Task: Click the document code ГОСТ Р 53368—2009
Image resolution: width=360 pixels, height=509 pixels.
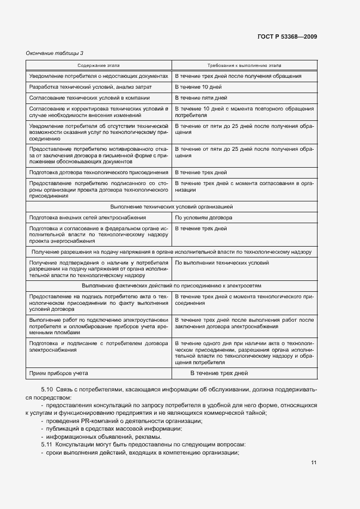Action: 288,37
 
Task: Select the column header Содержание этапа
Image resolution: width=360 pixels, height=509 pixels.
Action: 99,65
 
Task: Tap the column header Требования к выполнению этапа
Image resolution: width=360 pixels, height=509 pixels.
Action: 244,65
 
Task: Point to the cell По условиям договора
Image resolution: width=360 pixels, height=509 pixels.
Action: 203,217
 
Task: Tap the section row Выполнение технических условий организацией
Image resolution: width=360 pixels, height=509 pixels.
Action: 172,207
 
